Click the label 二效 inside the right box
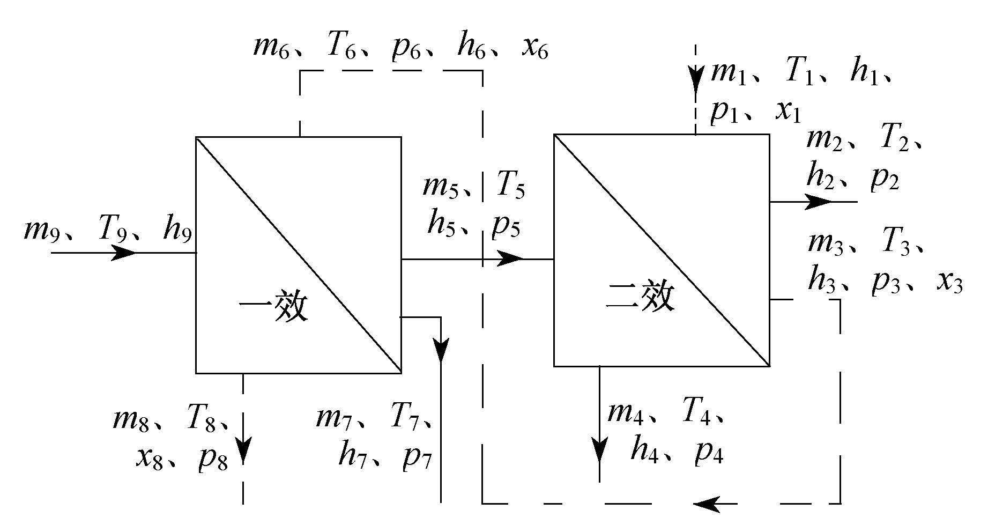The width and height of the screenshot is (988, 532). click(640, 297)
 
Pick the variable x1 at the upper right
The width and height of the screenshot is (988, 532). click(787, 112)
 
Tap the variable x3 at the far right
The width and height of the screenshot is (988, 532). click(949, 282)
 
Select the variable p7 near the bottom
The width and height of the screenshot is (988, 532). click(418, 458)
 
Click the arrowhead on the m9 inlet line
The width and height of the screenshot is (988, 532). click(124, 252)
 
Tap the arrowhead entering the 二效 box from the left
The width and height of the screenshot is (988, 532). click(509, 258)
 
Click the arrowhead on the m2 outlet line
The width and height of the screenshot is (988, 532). click(819, 202)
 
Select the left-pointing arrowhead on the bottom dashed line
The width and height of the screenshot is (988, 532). click(707, 504)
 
